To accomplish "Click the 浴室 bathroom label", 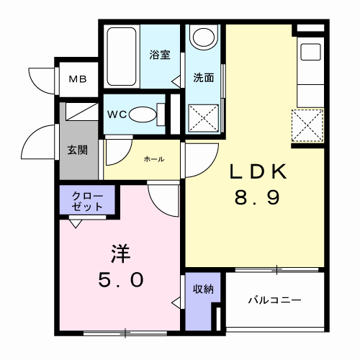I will (x=159, y=55).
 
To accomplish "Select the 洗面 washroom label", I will (x=203, y=78).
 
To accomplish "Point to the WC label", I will (x=117, y=114).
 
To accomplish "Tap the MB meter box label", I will (x=77, y=79).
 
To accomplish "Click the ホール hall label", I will (x=153, y=159).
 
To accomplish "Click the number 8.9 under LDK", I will (x=257, y=197).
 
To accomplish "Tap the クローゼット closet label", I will (x=87, y=201).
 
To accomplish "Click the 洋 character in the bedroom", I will (x=120, y=254).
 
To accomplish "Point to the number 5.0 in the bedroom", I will (x=120, y=279).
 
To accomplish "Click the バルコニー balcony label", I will (x=275, y=300).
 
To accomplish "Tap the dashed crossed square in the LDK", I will (x=307, y=127).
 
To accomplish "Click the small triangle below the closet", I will (x=74, y=222).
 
